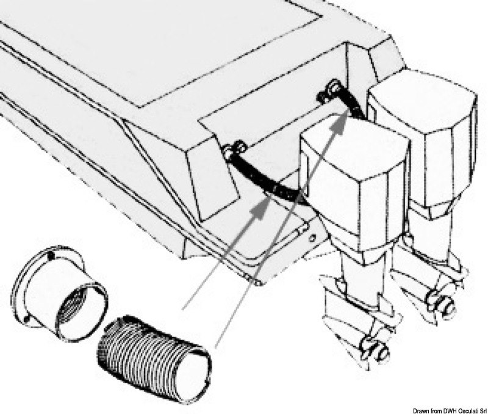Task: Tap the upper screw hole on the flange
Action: [51, 256]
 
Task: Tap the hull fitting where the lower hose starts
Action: [234, 149]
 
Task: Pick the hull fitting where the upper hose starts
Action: [328, 90]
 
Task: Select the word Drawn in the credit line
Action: [420, 410]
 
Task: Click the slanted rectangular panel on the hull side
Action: [215, 184]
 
